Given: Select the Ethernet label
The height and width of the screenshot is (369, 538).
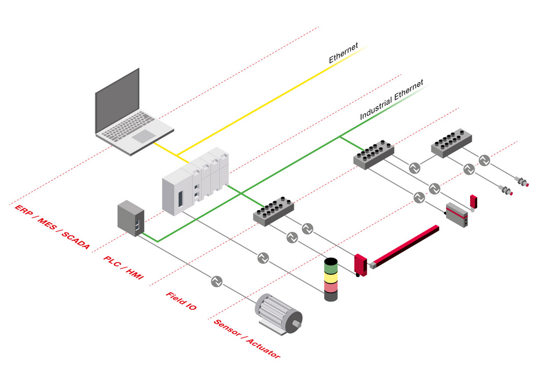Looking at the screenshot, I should coord(344,53).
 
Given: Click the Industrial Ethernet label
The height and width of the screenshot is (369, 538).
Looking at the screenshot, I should coord(392,100).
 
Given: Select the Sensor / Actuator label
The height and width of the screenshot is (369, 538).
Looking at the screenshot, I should coord(247,339).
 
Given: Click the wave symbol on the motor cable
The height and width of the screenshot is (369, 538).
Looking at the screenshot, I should coord(216,281).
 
